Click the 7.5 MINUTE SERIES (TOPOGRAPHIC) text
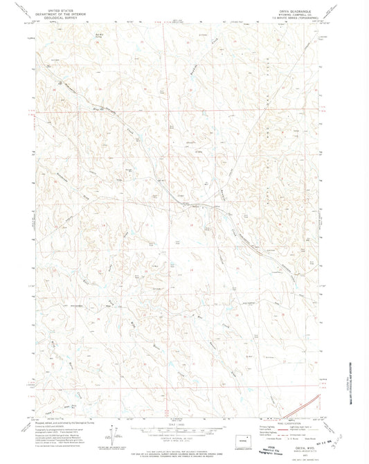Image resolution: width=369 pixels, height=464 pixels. coord(291,17)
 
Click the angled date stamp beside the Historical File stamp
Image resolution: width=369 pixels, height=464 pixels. coord(315,450)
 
